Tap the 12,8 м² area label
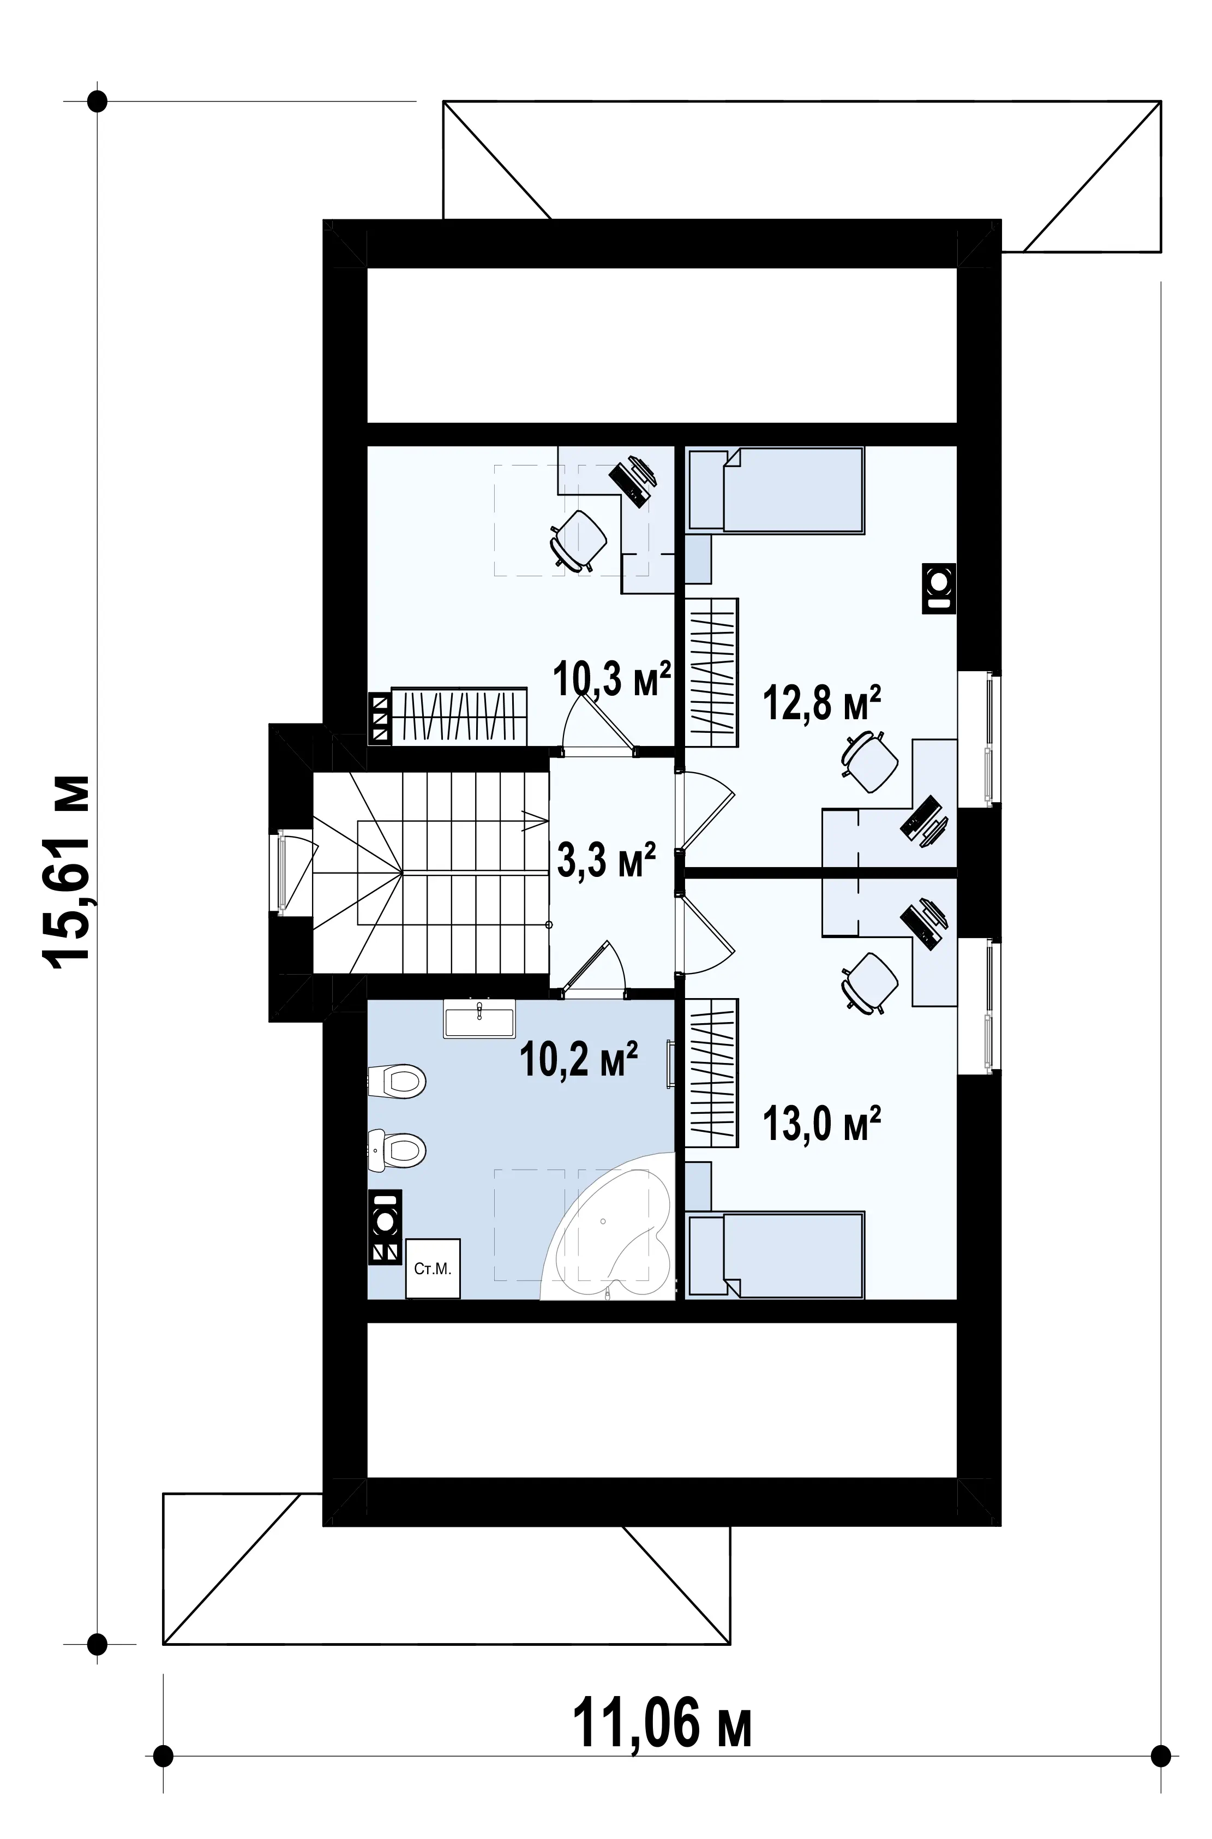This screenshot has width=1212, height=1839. coord(823,702)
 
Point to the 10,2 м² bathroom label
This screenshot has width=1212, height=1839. coord(579,1058)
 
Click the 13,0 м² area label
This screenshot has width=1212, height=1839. coord(823,1123)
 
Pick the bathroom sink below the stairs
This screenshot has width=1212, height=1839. coord(479,1018)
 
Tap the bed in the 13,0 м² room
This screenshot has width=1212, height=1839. coord(775,1255)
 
